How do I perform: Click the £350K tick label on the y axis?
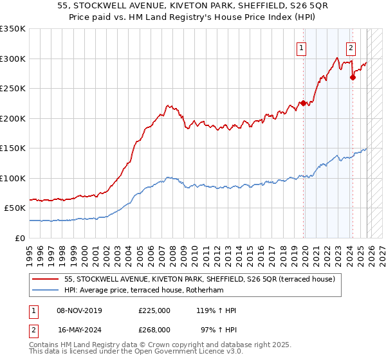pyautogui.click(x=13, y=29)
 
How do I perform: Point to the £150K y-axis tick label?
pyautogui.click(x=13, y=148)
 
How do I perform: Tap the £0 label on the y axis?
pyautogui.click(x=19, y=238)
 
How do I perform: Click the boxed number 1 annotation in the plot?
pyautogui.click(x=301, y=47)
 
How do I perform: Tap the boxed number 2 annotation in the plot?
pyautogui.click(x=351, y=47)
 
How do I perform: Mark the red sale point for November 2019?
pyautogui.click(x=303, y=103)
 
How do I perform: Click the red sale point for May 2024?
pyautogui.click(x=353, y=77)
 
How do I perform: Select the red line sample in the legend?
pyautogui.click(x=46, y=280)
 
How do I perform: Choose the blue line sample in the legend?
pyautogui.click(x=46, y=291)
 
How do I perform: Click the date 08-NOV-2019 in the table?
pyautogui.click(x=79, y=310)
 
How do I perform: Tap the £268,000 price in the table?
pyautogui.click(x=154, y=329)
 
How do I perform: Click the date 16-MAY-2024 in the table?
pyautogui.click(x=80, y=329)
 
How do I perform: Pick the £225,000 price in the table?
pyautogui.click(x=154, y=310)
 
